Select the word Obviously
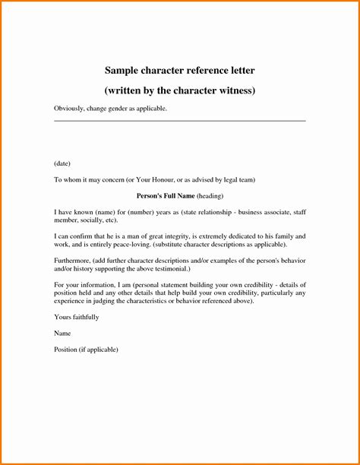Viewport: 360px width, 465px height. (69, 109)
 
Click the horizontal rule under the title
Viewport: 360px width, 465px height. (179, 120)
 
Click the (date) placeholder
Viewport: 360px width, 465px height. (63, 163)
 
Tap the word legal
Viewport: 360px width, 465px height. (237, 179)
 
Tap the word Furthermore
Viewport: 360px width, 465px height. (74, 261)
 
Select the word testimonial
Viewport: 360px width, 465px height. (170, 268)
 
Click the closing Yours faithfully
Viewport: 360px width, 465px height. (76, 316)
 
